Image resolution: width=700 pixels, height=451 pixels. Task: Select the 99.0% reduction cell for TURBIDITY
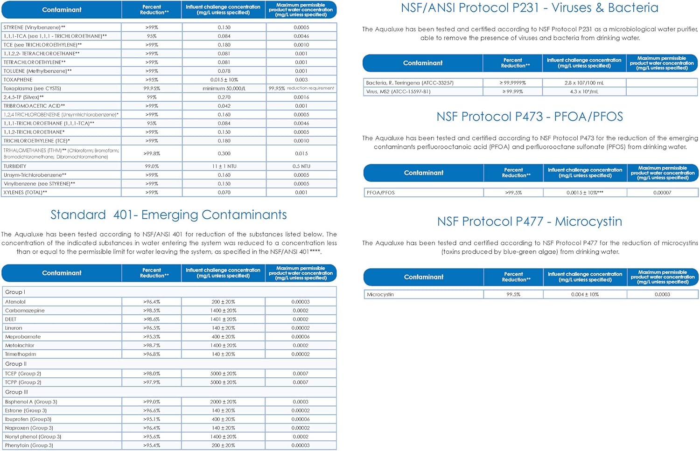(152, 167)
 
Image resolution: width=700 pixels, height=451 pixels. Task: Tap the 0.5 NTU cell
(301, 167)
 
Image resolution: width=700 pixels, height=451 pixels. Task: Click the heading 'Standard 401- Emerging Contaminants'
(168, 215)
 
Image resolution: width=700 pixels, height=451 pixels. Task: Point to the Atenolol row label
(15, 302)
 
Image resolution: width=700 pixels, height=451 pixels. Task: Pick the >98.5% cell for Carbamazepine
(152, 311)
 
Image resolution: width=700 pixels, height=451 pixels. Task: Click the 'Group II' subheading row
(16, 364)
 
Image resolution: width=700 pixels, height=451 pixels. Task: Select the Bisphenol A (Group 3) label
(31, 402)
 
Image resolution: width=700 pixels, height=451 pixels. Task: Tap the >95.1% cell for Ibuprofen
(152, 419)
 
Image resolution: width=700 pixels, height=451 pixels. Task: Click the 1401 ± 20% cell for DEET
(223, 319)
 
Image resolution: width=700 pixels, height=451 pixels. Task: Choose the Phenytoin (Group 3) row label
(29, 445)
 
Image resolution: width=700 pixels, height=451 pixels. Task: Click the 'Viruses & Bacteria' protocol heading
(529, 8)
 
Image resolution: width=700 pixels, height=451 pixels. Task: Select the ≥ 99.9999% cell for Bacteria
(512, 83)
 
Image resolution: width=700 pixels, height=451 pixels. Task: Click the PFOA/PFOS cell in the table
(381, 193)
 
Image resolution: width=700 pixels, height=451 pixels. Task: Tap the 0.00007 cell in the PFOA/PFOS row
(662, 193)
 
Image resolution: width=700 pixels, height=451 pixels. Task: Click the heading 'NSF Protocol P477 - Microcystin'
(529, 222)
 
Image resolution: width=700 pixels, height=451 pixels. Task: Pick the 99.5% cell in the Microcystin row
(513, 295)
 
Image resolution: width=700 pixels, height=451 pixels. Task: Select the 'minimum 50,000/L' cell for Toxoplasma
(224, 89)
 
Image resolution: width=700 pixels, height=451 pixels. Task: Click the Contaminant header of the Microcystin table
(423, 277)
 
